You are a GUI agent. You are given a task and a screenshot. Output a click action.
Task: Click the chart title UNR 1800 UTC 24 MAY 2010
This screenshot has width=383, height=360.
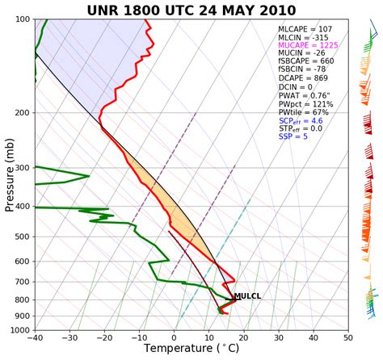(x=191, y=9)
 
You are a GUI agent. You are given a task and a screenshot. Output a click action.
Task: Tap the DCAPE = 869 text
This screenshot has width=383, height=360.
(x=297, y=84)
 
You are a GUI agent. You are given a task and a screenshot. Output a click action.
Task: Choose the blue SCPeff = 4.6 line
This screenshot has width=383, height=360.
(x=300, y=119)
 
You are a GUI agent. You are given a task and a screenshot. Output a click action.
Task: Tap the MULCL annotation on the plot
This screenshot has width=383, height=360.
(x=247, y=296)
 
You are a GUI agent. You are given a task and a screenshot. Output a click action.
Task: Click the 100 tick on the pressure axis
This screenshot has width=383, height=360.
(x=22, y=19)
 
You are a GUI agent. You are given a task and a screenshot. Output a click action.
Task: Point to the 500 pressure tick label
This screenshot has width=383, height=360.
(x=22, y=237)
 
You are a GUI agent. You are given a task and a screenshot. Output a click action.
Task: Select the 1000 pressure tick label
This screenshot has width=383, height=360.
(x=19, y=330)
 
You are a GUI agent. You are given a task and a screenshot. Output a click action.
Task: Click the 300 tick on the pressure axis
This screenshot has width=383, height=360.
(x=22, y=168)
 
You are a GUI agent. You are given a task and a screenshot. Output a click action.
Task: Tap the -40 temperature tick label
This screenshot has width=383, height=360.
(x=35, y=339)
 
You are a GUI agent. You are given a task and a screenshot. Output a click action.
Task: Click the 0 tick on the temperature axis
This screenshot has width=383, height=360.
(x=174, y=339)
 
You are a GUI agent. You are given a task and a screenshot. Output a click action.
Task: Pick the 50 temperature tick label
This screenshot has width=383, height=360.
(x=347, y=339)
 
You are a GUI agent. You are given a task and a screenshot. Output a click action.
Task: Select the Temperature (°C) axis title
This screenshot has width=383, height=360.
(x=191, y=350)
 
